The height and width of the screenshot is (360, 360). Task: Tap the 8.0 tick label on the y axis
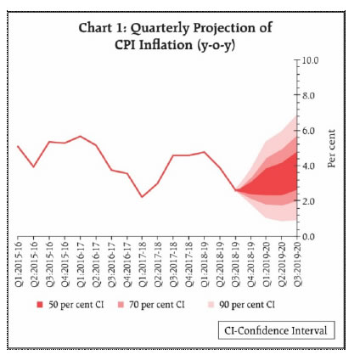[x=308, y=96]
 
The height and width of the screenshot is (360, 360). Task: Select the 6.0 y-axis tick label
[x=308, y=131]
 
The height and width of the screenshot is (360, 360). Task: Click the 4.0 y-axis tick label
[x=308, y=166]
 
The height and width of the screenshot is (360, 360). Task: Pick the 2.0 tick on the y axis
[x=308, y=201]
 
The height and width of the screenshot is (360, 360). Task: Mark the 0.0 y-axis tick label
[x=308, y=236]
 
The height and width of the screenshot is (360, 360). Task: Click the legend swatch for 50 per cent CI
[x=41, y=304]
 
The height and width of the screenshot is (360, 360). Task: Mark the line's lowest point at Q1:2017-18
[x=143, y=196]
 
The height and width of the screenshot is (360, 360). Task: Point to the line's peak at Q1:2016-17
[x=81, y=136]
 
